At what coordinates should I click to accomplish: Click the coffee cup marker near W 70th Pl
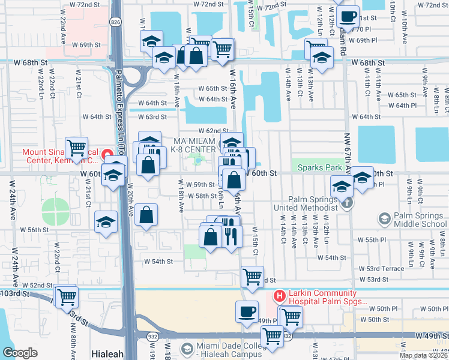click(x=348, y=17)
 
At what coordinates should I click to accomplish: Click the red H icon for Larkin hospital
click(x=279, y=295)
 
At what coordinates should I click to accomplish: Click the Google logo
click(x=20, y=353)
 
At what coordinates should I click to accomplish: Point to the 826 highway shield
click(x=114, y=22)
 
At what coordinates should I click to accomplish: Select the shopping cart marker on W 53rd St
click(x=253, y=277)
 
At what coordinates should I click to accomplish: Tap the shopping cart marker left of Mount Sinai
click(x=77, y=147)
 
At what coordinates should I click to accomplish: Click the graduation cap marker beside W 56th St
click(x=106, y=221)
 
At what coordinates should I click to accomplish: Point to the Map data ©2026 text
click(x=424, y=355)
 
